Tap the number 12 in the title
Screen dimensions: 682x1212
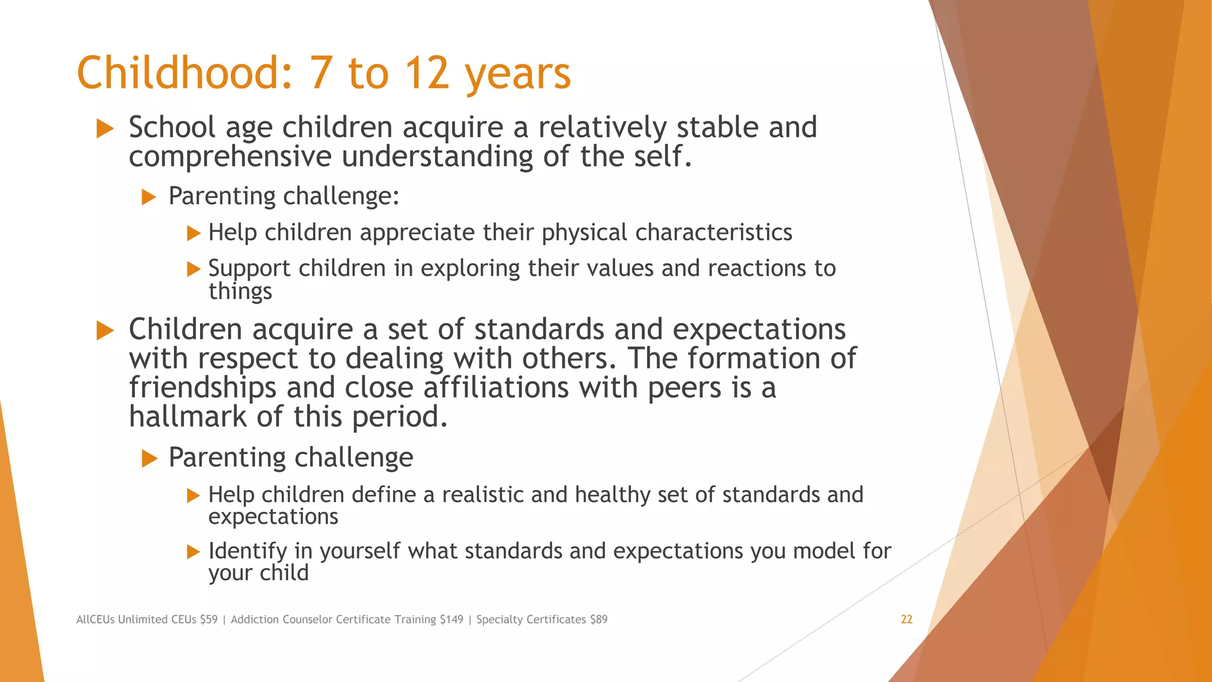point(427,73)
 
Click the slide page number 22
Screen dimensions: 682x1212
point(907,619)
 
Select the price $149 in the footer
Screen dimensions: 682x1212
point(452,619)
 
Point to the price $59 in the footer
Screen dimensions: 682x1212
point(209,619)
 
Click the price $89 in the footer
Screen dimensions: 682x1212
point(598,619)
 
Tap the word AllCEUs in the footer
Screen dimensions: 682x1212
point(95,619)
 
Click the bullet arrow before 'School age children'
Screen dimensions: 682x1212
point(105,128)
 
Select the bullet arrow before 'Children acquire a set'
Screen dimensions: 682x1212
point(105,330)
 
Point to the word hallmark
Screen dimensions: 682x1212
point(187,416)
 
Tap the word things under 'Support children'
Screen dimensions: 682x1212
point(240,291)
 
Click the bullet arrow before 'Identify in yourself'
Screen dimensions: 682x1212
point(194,552)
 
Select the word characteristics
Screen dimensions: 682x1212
point(713,232)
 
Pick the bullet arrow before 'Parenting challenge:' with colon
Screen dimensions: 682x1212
point(149,197)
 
